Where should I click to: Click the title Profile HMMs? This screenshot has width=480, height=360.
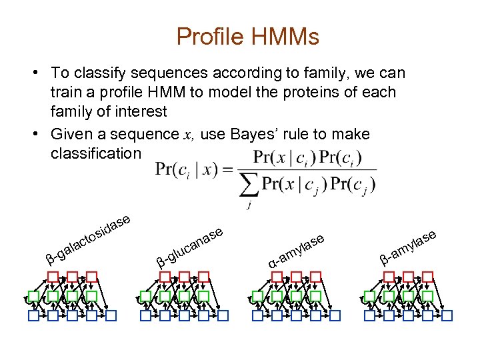pos(248,37)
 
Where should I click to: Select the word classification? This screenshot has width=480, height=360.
pos(95,153)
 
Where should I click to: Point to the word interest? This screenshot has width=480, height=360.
pos(139,111)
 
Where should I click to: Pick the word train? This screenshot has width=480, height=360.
pos(65,92)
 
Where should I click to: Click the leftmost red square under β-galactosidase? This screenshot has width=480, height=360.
pos(53,275)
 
